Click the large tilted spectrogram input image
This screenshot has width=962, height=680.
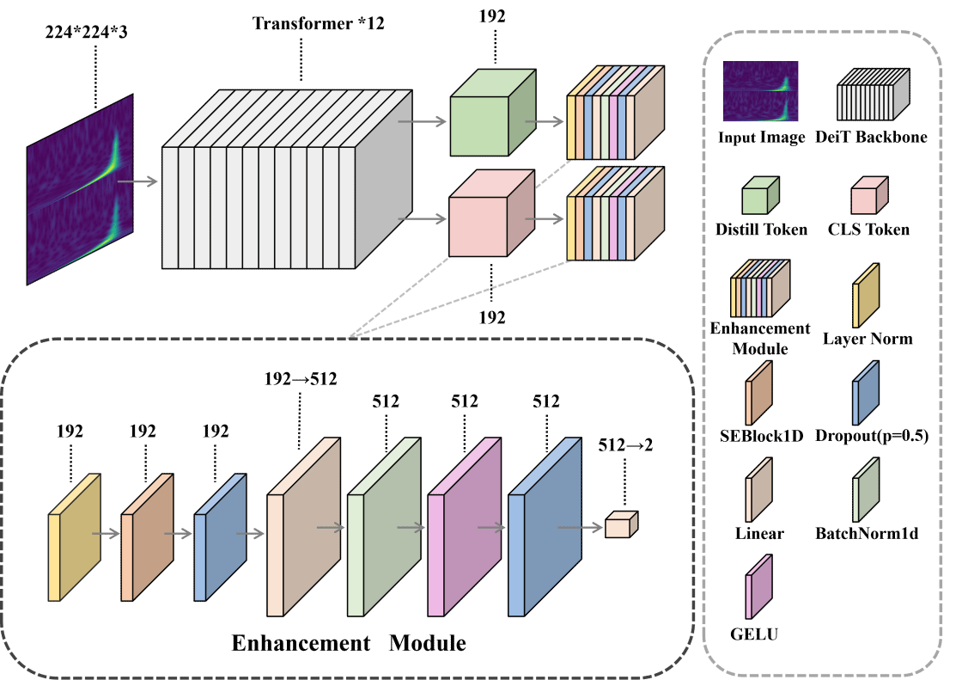(80, 190)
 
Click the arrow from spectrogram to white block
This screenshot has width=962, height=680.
(137, 181)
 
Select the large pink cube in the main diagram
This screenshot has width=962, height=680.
(485, 219)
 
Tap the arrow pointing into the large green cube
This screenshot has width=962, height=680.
(423, 122)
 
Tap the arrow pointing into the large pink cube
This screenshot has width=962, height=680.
(423, 219)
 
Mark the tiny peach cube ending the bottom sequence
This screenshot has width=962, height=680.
(620, 525)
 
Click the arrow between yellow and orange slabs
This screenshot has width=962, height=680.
(107, 534)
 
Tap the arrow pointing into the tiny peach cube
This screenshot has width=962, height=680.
(581, 528)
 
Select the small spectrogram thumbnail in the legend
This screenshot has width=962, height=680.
(760, 91)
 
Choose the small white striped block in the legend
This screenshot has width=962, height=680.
(871, 96)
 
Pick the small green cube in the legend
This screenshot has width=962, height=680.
(759, 197)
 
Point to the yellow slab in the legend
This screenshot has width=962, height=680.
(865, 297)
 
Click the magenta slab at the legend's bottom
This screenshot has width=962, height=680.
(758, 588)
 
